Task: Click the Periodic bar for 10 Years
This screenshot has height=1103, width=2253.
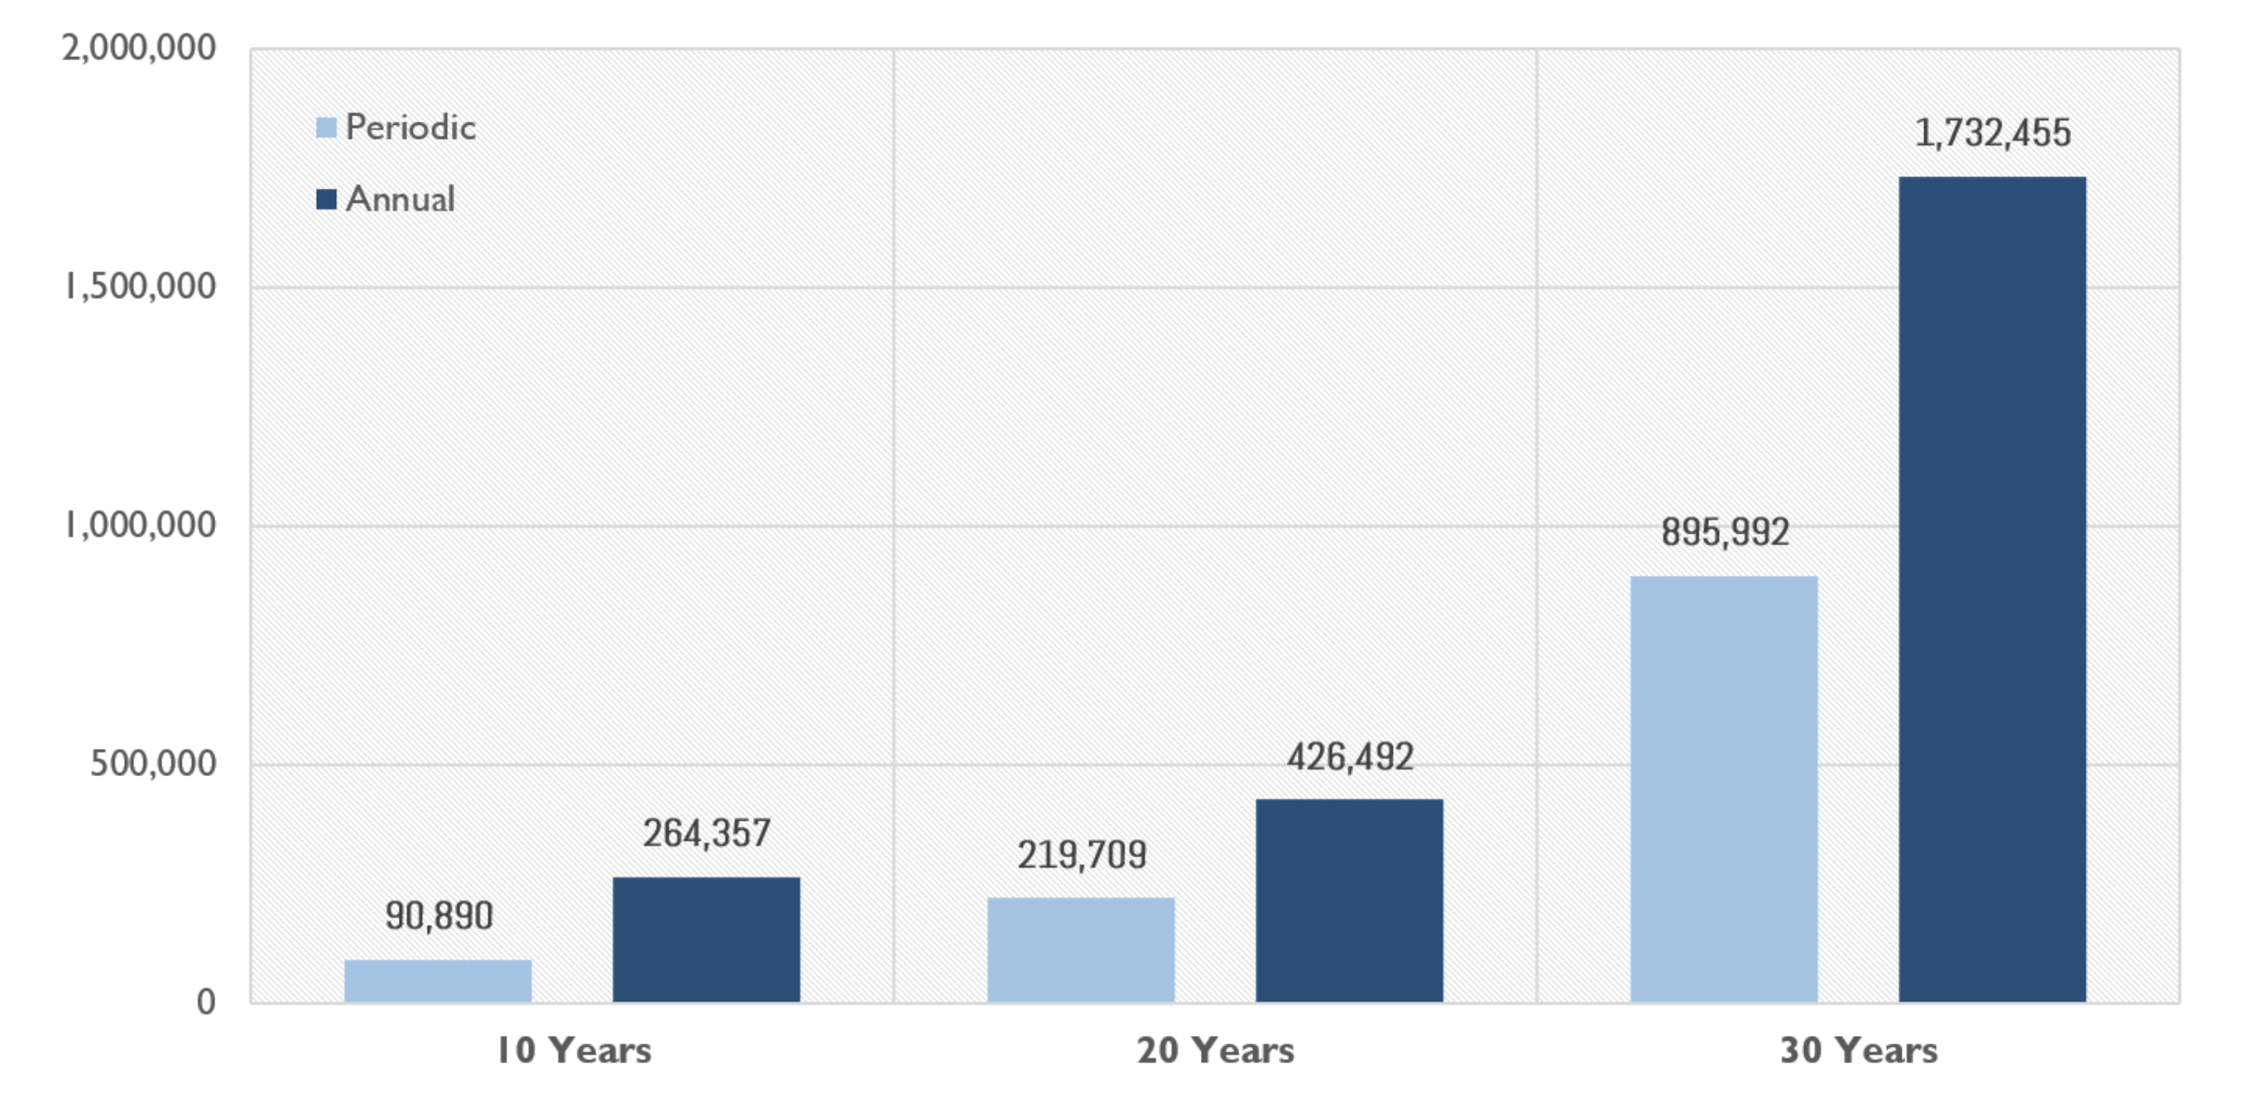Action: (x=438, y=980)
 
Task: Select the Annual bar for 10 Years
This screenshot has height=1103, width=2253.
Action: (x=706, y=939)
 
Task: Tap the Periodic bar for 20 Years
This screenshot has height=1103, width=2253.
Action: (x=1081, y=949)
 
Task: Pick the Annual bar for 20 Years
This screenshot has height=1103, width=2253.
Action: (x=1349, y=900)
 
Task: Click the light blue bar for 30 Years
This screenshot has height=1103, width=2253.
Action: (x=1724, y=788)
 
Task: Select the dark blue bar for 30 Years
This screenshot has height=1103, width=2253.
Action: (x=1992, y=589)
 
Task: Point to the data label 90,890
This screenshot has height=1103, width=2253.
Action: (x=439, y=916)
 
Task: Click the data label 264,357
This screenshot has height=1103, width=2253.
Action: (x=707, y=833)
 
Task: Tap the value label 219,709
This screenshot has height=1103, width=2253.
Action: (x=1082, y=854)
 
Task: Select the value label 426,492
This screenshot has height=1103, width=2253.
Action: (x=1350, y=756)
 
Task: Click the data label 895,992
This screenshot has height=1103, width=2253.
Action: (x=1725, y=532)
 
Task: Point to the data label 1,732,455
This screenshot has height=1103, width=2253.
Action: (x=1992, y=132)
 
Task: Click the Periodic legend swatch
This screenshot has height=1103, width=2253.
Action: (x=326, y=128)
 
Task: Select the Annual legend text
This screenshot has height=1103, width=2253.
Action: (x=400, y=199)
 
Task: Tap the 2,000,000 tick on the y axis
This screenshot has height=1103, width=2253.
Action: (x=139, y=48)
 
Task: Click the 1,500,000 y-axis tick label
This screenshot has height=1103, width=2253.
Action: (x=140, y=287)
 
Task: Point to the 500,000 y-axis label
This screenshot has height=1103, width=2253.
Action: (x=153, y=764)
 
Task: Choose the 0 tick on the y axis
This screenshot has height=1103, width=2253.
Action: (x=206, y=1002)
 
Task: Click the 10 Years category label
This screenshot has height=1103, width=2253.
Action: (x=573, y=1051)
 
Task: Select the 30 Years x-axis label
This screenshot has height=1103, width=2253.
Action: (x=1859, y=1051)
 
